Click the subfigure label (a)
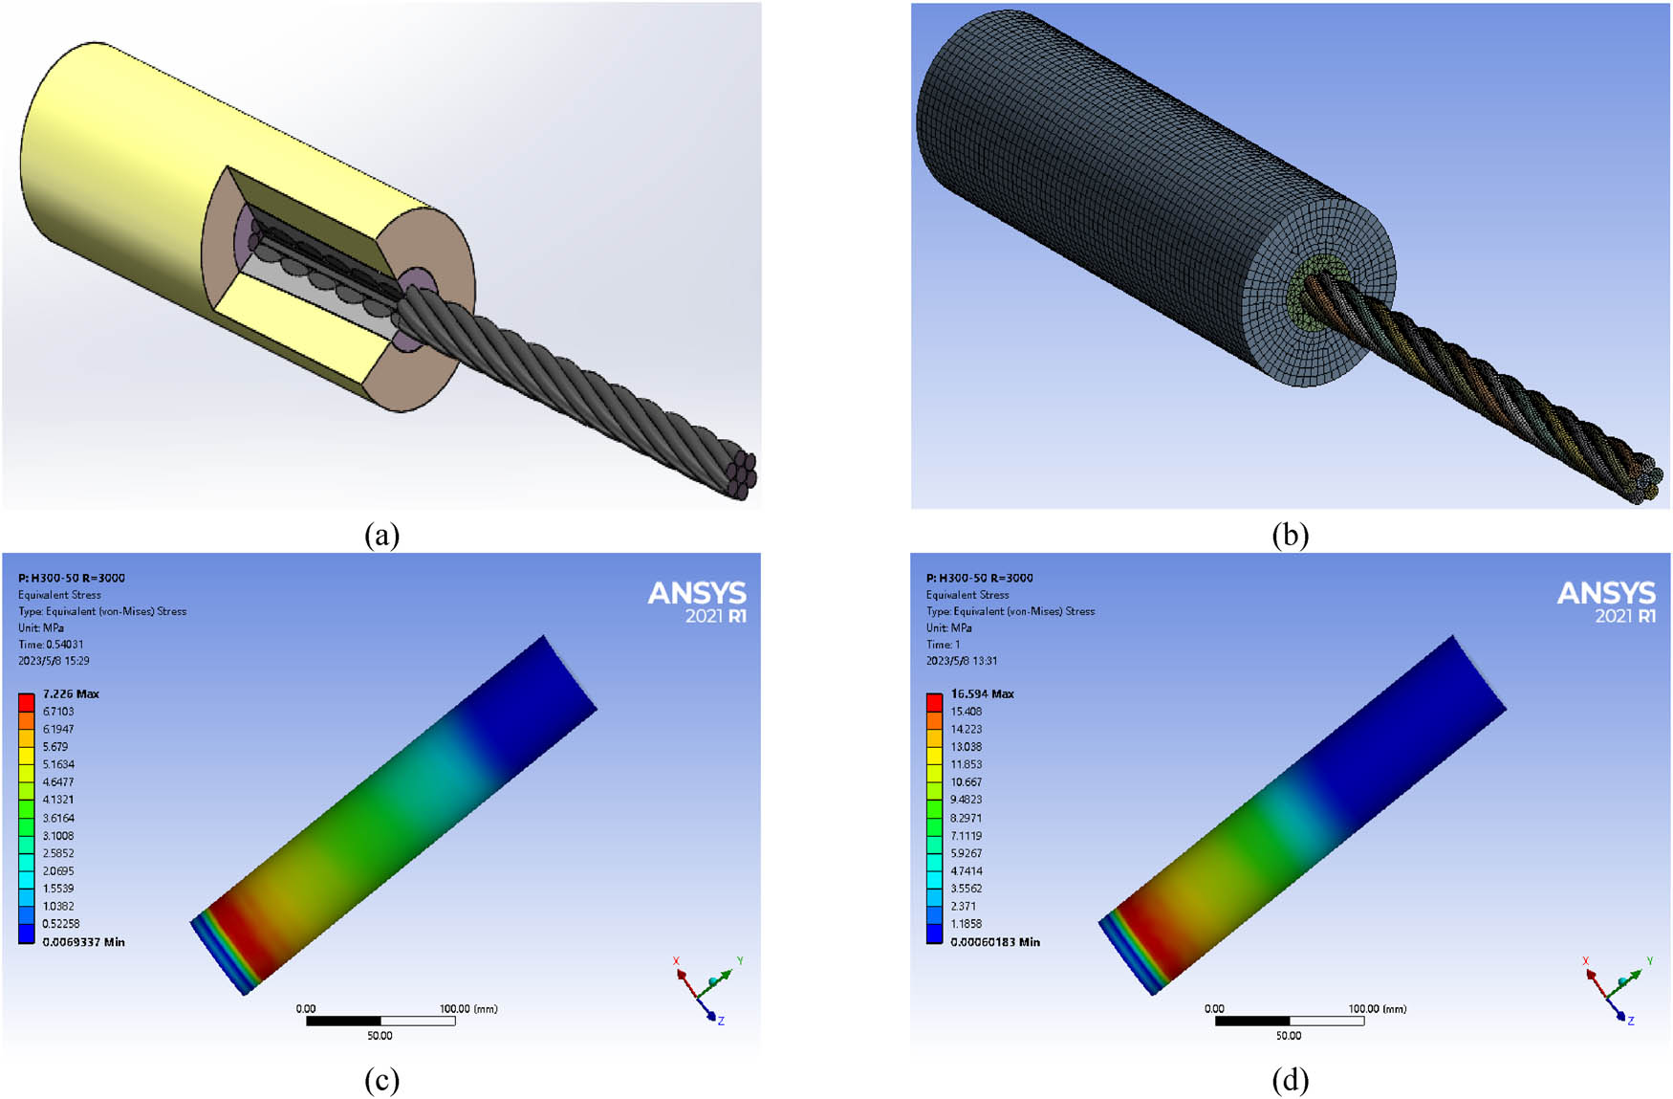[381, 535]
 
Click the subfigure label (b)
[1290, 535]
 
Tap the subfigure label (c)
[381, 1081]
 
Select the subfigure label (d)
[1290, 1081]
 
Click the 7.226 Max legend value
[71, 693]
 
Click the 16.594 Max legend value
[982, 693]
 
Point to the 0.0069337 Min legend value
[83, 942]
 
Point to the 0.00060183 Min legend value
[995, 942]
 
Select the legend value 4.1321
[58, 800]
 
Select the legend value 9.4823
[967, 800]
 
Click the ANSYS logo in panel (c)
[697, 602]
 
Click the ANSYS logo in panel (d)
[1606, 602]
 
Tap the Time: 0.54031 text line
[51, 645]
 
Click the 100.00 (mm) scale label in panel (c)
[467, 1009]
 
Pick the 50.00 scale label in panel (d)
[1288, 1036]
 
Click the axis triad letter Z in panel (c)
[721, 1022]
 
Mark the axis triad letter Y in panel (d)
[1649, 960]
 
